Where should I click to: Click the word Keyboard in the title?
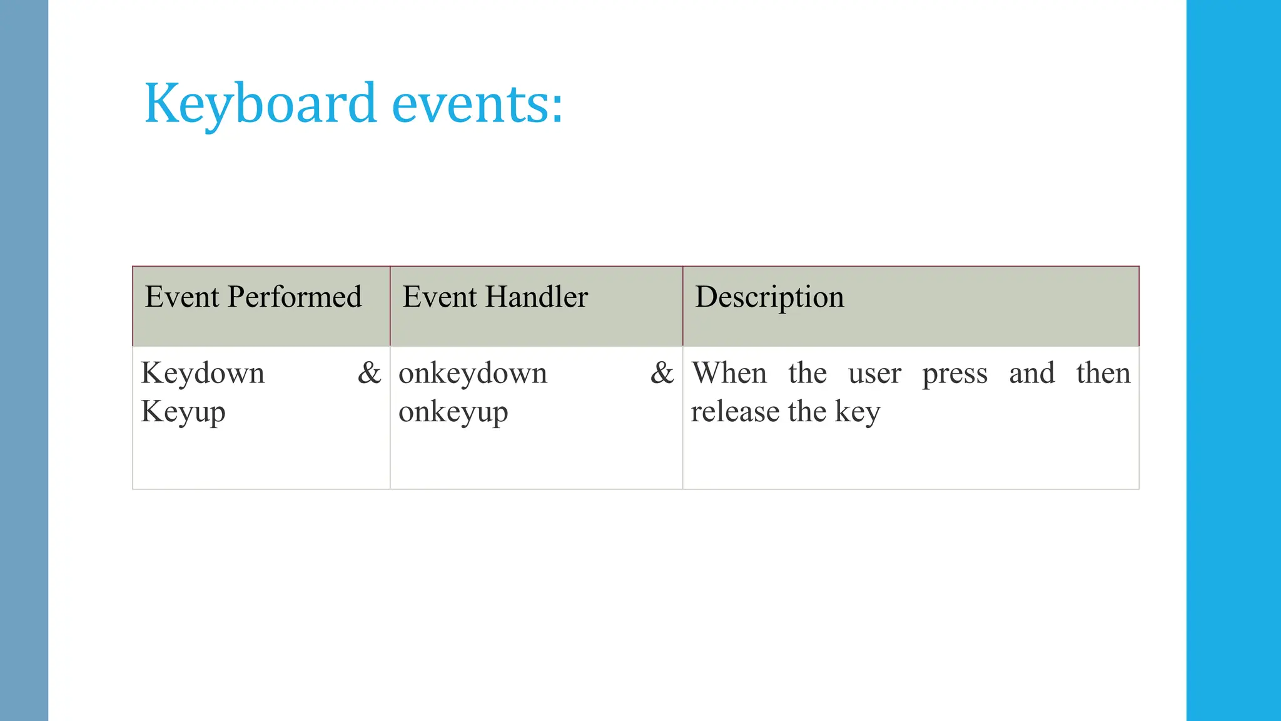[260, 103]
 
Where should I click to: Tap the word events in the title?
[477, 103]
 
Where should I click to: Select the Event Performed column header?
[253, 297]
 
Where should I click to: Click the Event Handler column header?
[495, 297]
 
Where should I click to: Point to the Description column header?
[769, 297]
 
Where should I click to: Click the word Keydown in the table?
[203, 374]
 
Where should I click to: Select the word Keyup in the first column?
[183, 412]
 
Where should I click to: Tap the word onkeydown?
[473, 374]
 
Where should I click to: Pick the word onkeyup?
[453, 412]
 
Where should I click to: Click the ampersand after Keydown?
[369, 373]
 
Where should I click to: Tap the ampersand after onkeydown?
[662, 373]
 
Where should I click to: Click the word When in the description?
[729, 373]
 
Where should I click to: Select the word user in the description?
[874, 374]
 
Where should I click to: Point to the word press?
[955, 374]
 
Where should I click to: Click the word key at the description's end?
[858, 412]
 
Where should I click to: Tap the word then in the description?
[1103, 373]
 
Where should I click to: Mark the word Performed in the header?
[295, 297]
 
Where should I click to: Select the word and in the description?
[1032, 373]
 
